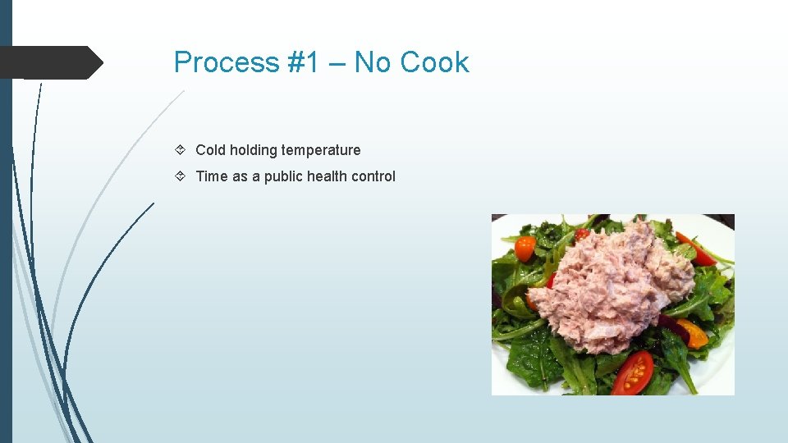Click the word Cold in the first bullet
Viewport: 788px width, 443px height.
click(x=210, y=150)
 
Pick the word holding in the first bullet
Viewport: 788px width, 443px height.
click(x=254, y=150)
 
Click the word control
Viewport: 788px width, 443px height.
click(x=373, y=176)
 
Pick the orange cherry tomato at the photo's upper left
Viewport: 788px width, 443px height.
click(x=525, y=248)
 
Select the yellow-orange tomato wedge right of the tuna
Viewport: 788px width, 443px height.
click(x=693, y=332)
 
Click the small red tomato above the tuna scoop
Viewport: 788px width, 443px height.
click(x=582, y=235)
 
